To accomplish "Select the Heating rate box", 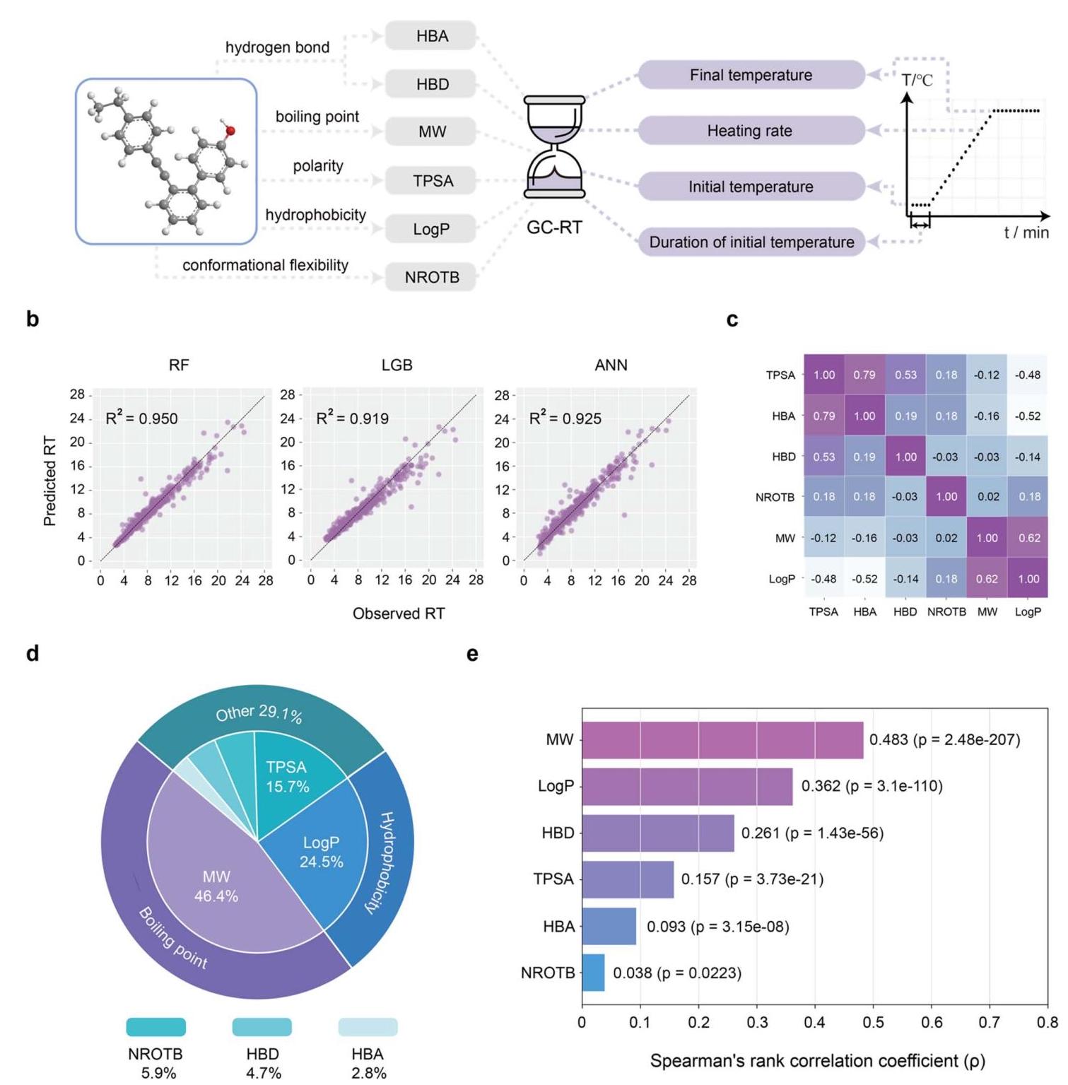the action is point(751,131).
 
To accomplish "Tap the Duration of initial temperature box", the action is point(751,242).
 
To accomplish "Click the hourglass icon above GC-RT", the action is point(554,147).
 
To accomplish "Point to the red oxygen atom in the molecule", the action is point(230,131).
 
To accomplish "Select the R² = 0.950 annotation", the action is point(141,418).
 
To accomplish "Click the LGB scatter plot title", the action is point(397,365).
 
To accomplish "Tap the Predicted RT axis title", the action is point(49,481).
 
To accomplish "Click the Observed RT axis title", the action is point(399,614).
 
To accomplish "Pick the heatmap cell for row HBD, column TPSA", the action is point(824,457).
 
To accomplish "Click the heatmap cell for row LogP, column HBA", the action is point(864,579).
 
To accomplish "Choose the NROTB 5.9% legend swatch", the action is point(156,1027).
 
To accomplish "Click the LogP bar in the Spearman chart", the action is point(687,786).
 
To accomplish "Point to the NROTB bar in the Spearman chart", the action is point(593,973).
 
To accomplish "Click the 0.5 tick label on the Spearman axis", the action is point(873,1022).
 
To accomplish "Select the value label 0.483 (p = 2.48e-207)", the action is point(945,739).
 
